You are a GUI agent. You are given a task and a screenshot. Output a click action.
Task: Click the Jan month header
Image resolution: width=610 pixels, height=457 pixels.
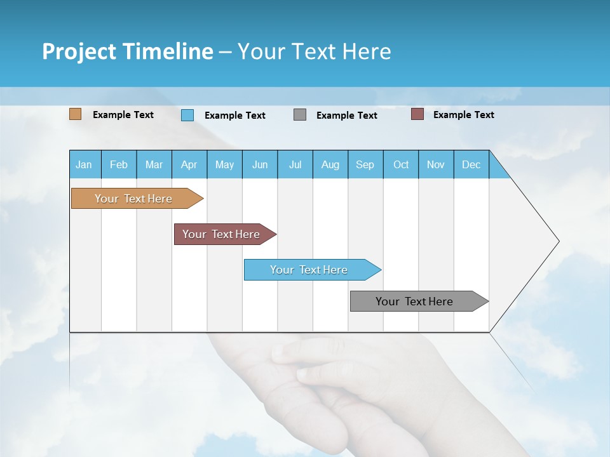pyautogui.click(x=85, y=164)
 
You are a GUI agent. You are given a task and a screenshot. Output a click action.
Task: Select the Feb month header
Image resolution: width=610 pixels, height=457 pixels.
pyautogui.click(x=119, y=164)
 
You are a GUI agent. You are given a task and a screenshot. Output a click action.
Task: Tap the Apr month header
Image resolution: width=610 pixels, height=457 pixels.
pyautogui.click(x=189, y=164)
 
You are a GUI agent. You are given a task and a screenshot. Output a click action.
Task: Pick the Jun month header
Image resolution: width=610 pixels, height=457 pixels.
pyautogui.click(x=260, y=164)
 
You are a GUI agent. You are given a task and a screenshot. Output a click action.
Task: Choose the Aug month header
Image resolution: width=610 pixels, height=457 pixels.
pyautogui.click(x=330, y=164)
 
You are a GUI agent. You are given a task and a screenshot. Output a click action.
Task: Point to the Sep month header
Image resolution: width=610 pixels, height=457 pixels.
pyautogui.click(x=365, y=164)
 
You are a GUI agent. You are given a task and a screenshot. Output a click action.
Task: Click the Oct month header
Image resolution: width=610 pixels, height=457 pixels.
pyautogui.click(x=401, y=164)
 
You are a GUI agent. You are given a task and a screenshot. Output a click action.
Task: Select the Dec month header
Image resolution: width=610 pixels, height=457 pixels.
pyautogui.click(x=471, y=164)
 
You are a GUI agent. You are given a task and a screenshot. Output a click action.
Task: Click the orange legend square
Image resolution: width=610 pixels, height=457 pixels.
pyautogui.click(x=76, y=114)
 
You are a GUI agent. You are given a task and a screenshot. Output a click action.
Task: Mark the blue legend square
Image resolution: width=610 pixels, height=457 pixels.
pyautogui.click(x=187, y=115)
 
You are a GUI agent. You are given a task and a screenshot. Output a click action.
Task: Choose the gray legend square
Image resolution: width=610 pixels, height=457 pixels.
pyautogui.click(x=300, y=115)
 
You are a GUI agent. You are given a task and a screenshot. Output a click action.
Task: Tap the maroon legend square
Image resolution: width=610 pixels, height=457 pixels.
pyautogui.click(x=417, y=114)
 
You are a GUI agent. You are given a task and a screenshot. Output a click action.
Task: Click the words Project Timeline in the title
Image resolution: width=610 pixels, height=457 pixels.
pyautogui.click(x=128, y=51)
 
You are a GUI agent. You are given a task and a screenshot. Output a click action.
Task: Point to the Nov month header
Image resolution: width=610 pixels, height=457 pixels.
pyautogui.click(x=436, y=164)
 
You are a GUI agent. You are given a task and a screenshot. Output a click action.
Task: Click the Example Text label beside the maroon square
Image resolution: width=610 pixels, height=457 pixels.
pyautogui.click(x=463, y=114)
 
